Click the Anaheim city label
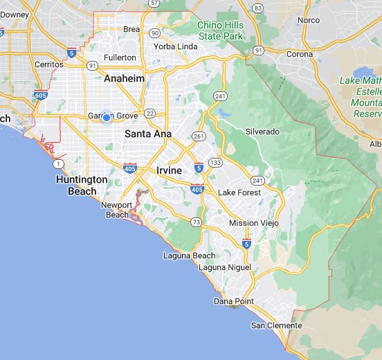(124, 78)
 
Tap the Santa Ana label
(148, 134)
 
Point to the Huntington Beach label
(82, 185)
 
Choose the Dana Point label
(235, 301)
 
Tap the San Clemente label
(276, 325)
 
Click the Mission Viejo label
(253, 223)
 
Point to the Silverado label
(262, 132)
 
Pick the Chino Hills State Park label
(221, 30)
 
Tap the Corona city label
(300, 54)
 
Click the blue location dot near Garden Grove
(107, 118)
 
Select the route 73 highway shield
(196, 222)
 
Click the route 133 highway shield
(217, 162)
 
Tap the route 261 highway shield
(199, 136)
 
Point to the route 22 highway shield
(151, 114)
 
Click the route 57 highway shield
(154, 3)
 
